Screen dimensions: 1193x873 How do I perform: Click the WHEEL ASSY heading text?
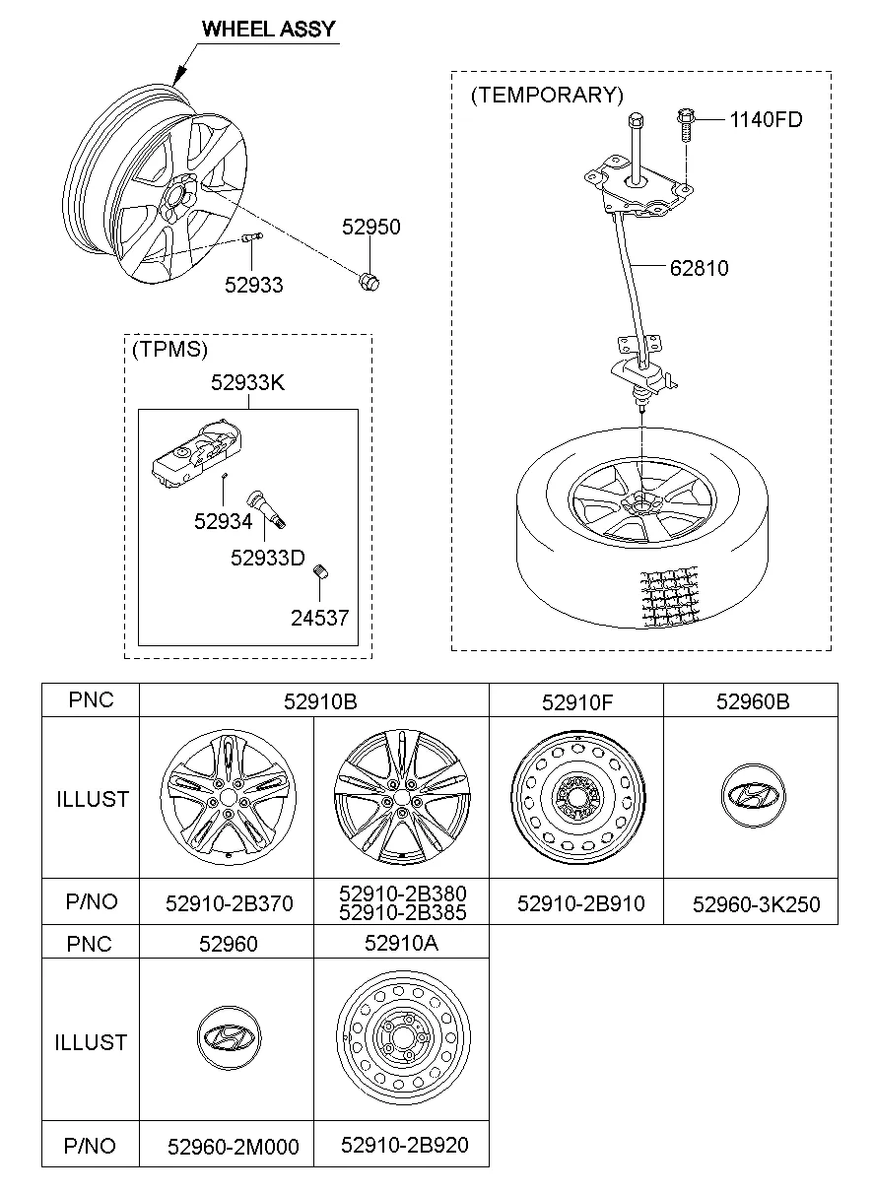pos(268,29)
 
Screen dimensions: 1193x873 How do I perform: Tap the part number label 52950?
pos(371,227)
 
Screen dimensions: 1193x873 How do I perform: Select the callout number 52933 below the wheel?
pos(253,286)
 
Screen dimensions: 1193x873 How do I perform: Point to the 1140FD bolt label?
pos(766,120)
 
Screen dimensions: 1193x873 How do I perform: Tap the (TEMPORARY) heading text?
pos(547,95)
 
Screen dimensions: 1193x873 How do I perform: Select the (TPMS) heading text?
pos(170,349)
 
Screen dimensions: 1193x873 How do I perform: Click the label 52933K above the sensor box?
pos(247,383)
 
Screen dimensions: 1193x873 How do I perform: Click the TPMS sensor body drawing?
pos(198,450)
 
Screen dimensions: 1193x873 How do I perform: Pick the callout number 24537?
pos(319,618)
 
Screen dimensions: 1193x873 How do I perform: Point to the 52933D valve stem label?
pos(268,558)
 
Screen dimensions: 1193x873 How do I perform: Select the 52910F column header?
pos(576,701)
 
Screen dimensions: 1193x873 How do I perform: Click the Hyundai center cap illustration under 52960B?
pos(750,796)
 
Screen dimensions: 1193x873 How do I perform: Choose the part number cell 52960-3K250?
pos(756,903)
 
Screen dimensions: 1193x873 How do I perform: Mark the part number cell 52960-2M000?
pos(234,1146)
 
